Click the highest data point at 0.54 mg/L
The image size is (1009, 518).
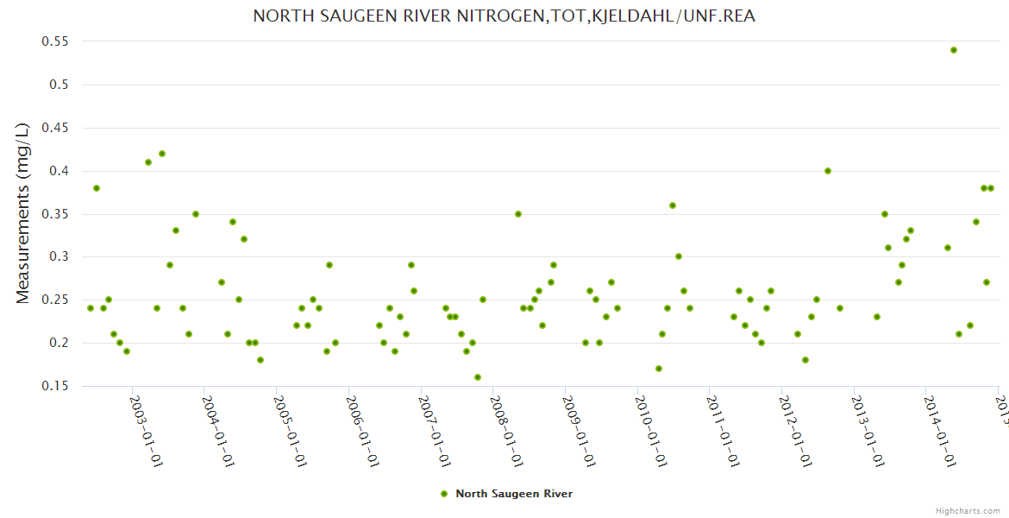click(953, 50)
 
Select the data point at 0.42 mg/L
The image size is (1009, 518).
click(162, 154)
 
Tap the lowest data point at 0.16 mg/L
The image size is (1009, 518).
click(478, 377)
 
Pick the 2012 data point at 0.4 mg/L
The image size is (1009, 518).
click(828, 171)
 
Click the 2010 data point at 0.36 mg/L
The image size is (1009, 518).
click(673, 205)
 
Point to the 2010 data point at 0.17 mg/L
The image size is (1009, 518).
click(659, 369)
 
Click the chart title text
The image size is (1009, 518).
click(504, 16)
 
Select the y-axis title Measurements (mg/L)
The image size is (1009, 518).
click(23, 213)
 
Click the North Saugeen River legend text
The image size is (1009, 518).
click(514, 494)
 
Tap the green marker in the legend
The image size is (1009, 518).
click(444, 494)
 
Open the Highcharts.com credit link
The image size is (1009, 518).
click(968, 510)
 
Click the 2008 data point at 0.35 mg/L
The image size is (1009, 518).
click(518, 214)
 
